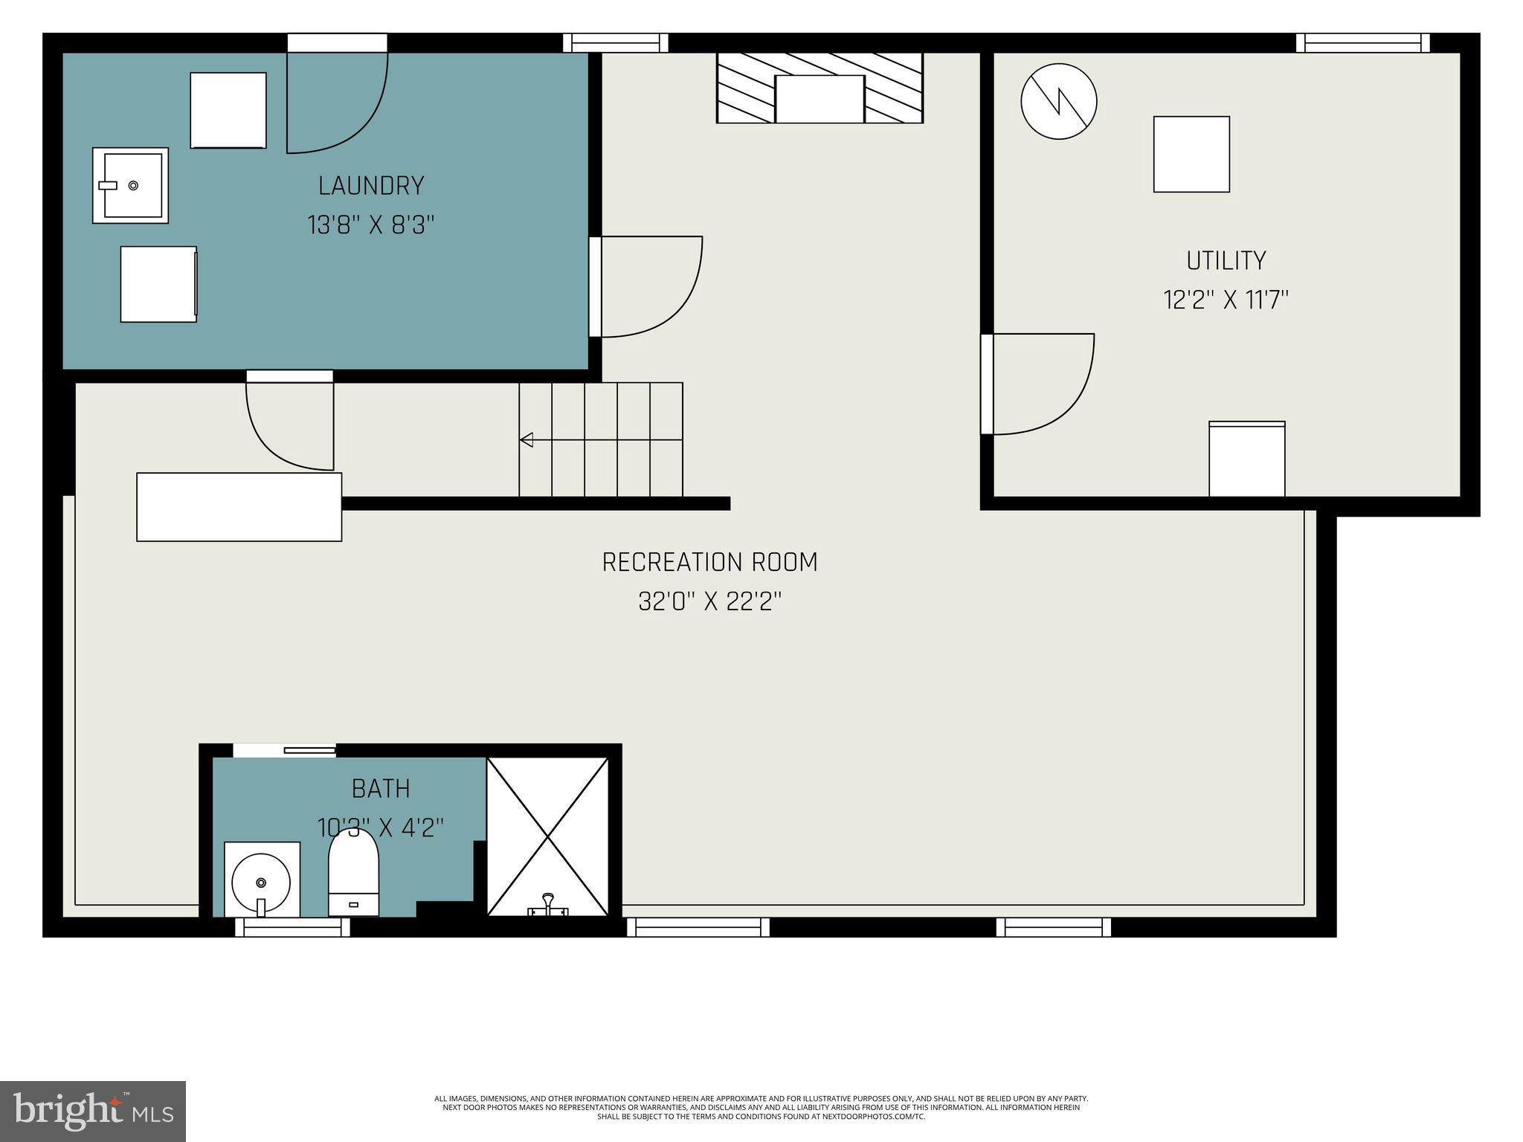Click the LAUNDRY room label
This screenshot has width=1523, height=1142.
[371, 186]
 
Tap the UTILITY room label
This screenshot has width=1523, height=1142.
[1226, 261]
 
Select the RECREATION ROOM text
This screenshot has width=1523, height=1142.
[709, 562]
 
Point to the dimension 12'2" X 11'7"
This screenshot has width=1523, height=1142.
[1226, 300]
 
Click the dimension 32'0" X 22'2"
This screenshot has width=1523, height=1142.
[709, 601]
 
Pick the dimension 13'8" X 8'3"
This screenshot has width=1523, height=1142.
[371, 225]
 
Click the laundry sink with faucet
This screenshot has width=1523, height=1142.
[131, 185]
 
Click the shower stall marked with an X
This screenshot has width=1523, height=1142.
[548, 836]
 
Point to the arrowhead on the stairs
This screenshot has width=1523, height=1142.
[527, 439]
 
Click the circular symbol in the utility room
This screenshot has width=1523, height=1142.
[1058, 101]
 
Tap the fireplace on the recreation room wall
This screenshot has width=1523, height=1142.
[820, 88]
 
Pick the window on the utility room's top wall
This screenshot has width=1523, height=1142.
[1362, 43]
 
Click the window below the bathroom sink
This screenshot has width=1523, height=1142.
[292, 926]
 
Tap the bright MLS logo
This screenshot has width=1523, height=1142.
[93, 1112]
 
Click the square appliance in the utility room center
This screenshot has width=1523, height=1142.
[1191, 155]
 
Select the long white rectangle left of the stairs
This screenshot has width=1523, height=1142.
[239, 507]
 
